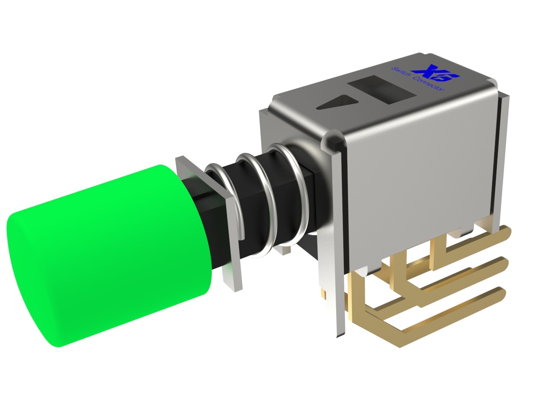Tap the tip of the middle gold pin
pyautogui.click(x=503, y=262)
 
